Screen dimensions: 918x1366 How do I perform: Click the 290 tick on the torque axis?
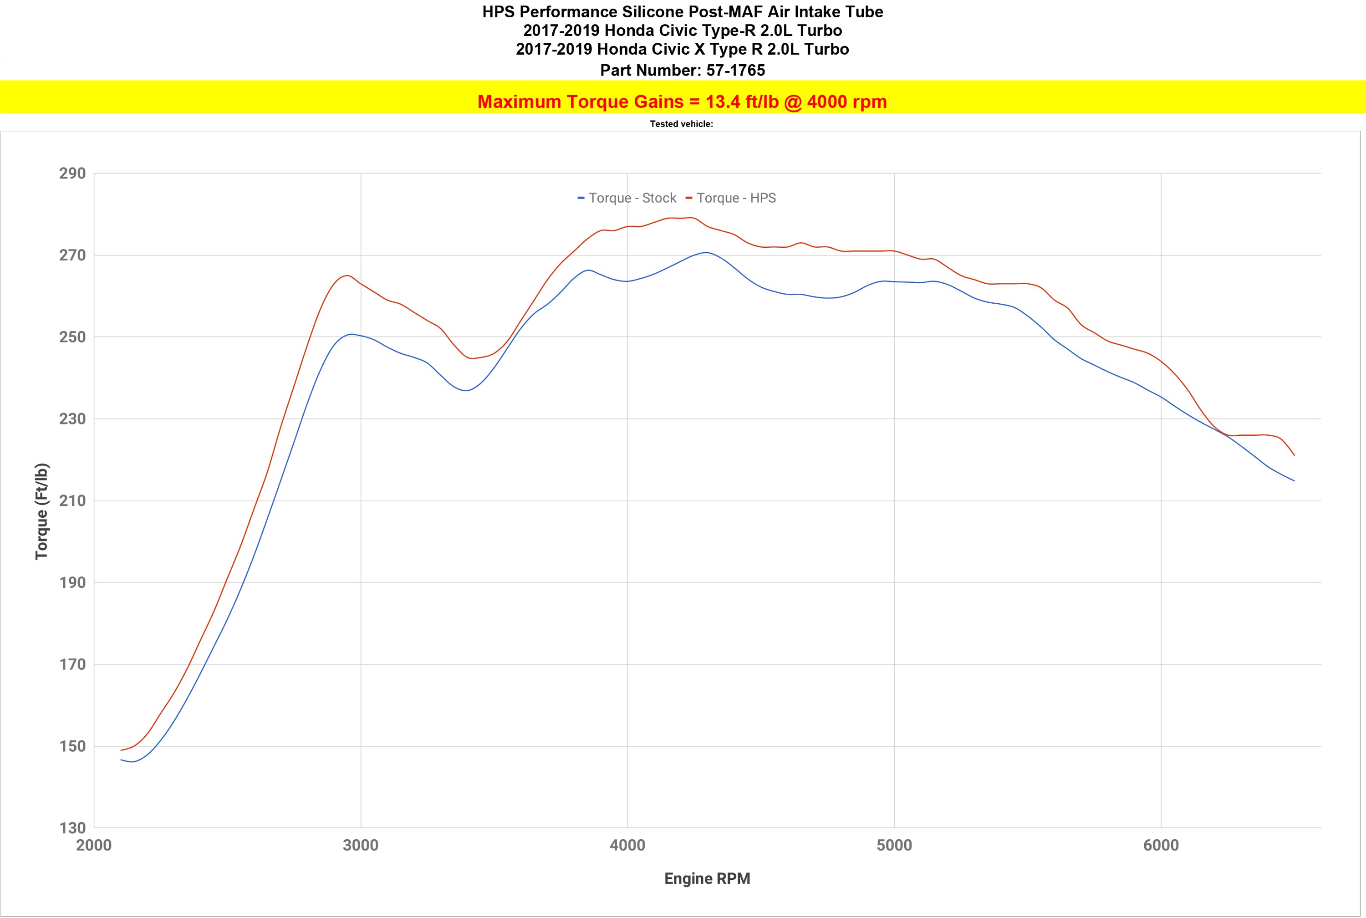72,173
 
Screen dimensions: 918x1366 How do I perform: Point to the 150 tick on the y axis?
72,746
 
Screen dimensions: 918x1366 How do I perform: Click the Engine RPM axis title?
707,879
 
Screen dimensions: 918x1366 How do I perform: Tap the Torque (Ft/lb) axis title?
41,511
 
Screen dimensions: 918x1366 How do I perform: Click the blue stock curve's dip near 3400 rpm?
466,391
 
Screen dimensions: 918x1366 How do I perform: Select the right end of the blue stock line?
1294,481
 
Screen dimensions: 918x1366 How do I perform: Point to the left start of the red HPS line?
121,750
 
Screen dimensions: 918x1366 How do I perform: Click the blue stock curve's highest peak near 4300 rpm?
706,252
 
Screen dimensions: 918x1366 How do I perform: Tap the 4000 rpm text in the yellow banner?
846,102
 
